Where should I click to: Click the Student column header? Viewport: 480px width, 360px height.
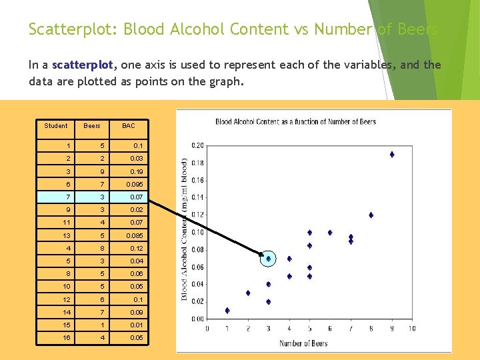point(55,125)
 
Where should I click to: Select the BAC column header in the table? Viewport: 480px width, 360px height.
point(128,125)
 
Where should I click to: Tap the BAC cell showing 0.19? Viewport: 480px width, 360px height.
point(137,171)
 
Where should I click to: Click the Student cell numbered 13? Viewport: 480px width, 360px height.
point(67,235)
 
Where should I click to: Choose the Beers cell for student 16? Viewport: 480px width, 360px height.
point(101,338)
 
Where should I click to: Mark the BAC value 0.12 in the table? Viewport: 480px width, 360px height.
point(137,248)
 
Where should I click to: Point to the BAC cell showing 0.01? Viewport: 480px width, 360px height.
point(137,325)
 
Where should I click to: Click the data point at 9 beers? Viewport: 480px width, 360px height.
point(392,154)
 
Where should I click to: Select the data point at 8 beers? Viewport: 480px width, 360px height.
point(371,215)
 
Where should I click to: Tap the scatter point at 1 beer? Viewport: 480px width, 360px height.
point(227,310)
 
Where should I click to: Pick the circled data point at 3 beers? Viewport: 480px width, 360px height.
point(268,258)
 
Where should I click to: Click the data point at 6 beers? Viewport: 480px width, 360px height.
point(330,233)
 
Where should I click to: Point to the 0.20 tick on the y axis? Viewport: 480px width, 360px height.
point(197,145)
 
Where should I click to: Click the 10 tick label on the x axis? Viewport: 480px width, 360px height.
point(411,329)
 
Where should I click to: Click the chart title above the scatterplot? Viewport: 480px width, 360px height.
point(295,121)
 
